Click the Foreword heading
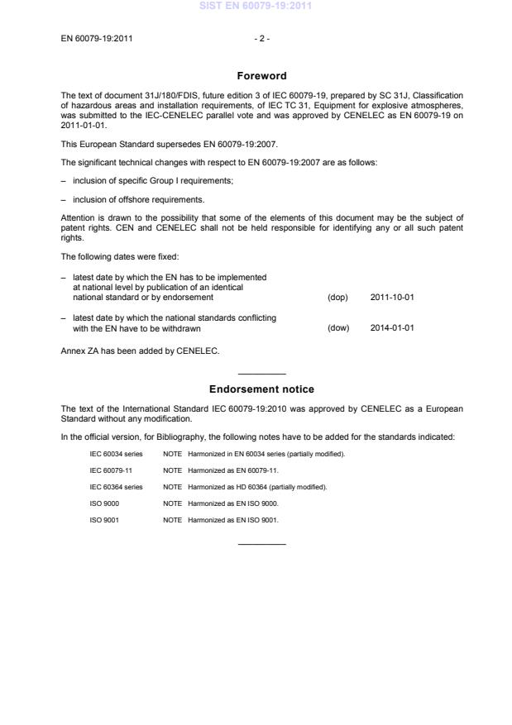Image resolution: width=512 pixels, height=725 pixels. [261, 76]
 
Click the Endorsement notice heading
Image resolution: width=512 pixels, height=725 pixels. [261, 389]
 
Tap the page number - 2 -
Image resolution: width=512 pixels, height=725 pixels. [261, 38]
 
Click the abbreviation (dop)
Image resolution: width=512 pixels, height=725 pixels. [338, 297]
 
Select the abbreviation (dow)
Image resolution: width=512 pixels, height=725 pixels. [338, 328]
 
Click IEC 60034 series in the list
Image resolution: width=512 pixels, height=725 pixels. [116, 454]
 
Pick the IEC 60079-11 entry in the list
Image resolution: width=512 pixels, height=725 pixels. [111, 470]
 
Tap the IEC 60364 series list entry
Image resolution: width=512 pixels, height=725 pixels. [116, 487]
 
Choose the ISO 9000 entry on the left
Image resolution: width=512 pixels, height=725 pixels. [103, 503]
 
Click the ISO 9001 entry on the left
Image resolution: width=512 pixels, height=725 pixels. [103, 520]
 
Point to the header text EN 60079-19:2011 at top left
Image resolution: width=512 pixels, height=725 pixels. [98, 38]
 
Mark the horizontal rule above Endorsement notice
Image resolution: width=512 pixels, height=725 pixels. [261, 374]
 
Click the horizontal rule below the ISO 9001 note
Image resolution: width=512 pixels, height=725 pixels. [261, 543]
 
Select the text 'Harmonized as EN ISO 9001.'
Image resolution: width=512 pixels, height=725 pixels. [233, 520]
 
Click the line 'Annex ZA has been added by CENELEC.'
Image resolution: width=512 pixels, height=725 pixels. [140, 350]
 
